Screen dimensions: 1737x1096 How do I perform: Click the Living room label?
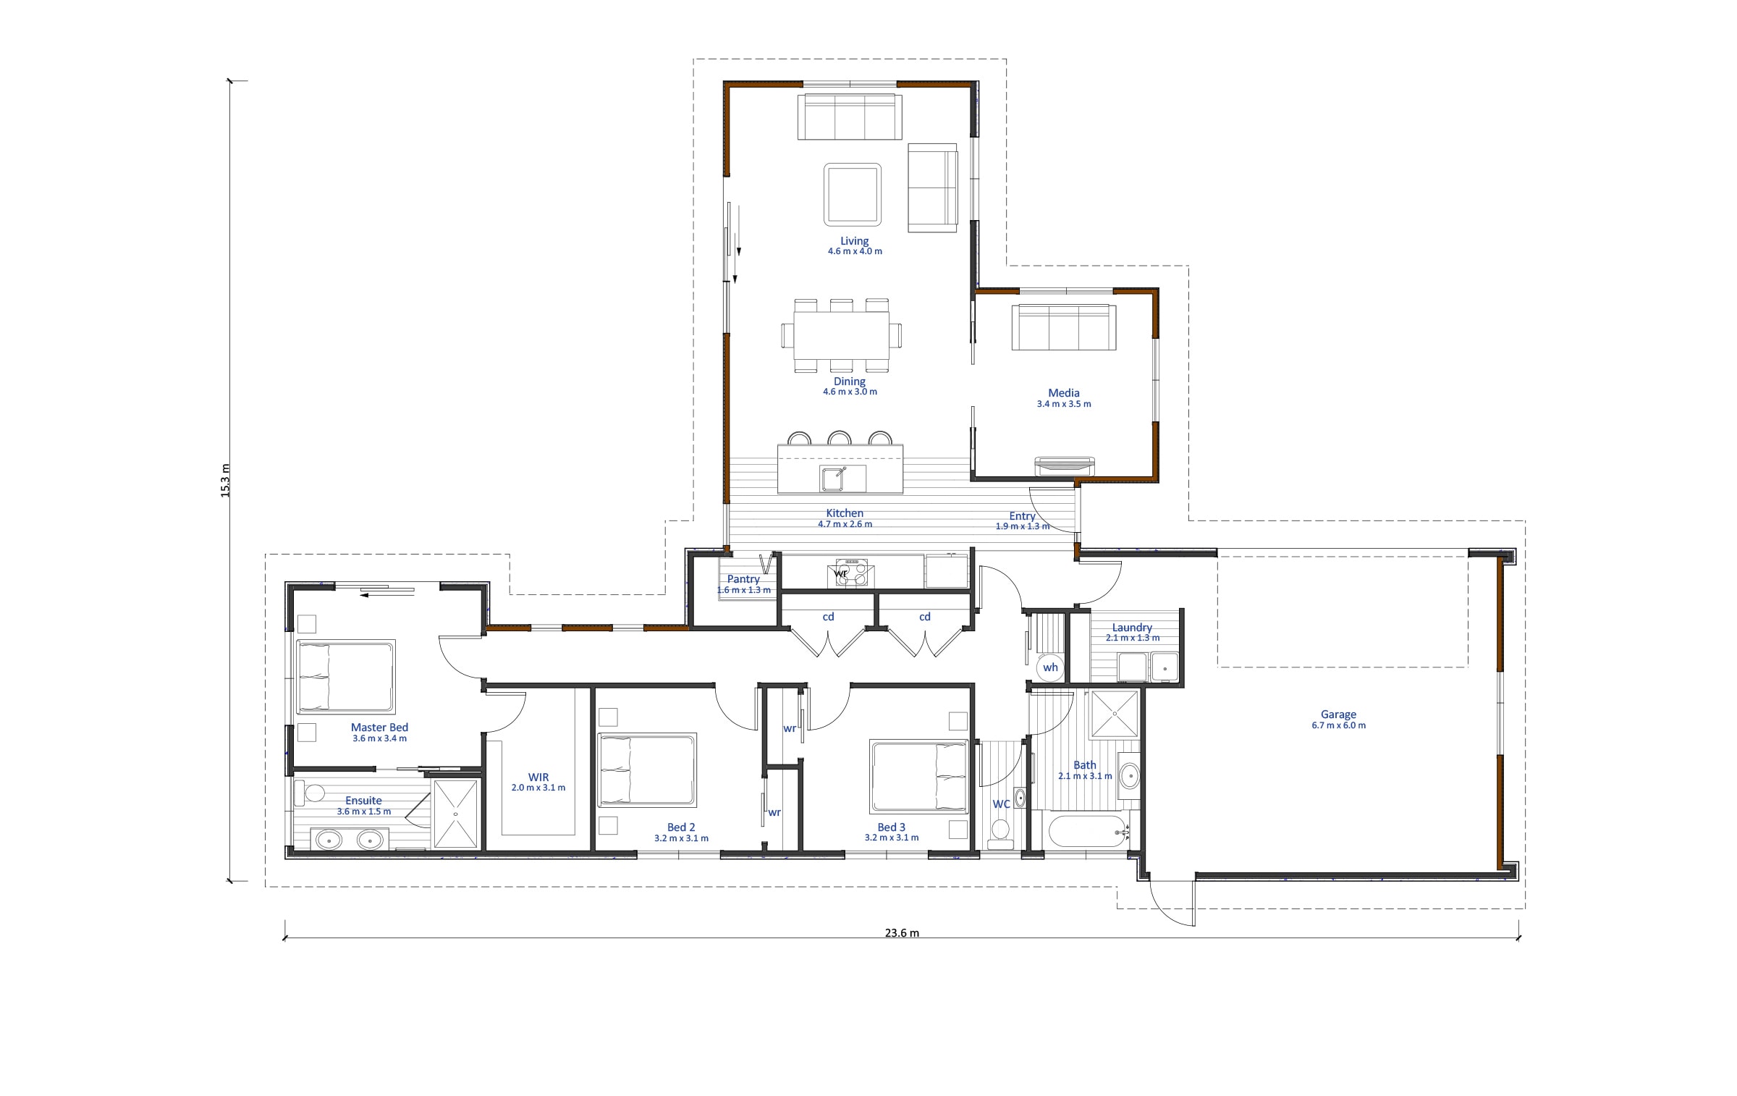pyautogui.click(x=854, y=241)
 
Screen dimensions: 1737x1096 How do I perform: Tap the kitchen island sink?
pyautogui.click(x=843, y=479)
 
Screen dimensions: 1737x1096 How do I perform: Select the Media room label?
pyautogui.click(x=1063, y=393)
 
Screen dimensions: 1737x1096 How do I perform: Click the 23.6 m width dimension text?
pyautogui.click(x=902, y=932)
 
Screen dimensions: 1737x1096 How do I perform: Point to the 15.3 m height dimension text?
pyautogui.click(x=225, y=480)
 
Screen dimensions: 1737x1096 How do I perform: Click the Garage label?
pyautogui.click(x=1338, y=714)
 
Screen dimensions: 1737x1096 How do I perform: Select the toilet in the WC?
pyautogui.click(x=1001, y=833)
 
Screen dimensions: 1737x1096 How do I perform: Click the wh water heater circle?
pyautogui.click(x=1050, y=667)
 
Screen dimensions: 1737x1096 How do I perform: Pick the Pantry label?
pyautogui.click(x=743, y=579)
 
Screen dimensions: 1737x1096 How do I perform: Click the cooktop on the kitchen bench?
pyautogui.click(x=851, y=572)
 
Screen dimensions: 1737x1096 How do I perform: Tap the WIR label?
pyautogui.click(x=538, y=777)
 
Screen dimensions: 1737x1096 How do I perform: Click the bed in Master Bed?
pyautogui.click(x=346, y=676)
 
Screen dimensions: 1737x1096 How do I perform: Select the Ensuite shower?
pyautogui.click(x=456, y=814)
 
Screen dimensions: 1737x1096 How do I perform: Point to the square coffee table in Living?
pyautogui.click(x=853, y=194)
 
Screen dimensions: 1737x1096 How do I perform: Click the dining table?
pyautogui.click(x=842, y=335)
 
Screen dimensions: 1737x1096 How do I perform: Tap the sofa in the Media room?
pyautogui.click(x=1063, y=327)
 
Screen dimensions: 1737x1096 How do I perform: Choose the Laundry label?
pyautogui.click(x=1132, y=628)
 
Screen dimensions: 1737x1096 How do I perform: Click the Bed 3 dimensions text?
pyautogui.click(x=892, y=838)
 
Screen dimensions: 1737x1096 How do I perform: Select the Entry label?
pyautogui.click(x=1022, y=516)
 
